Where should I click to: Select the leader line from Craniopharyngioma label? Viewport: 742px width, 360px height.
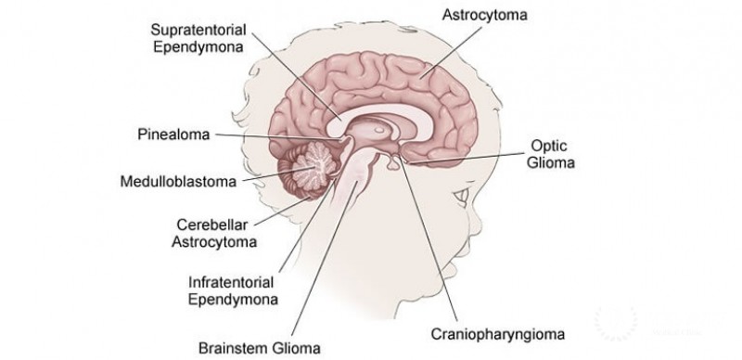[x=427, y=241]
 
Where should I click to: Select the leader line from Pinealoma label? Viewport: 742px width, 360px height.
[x=278, y=136]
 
